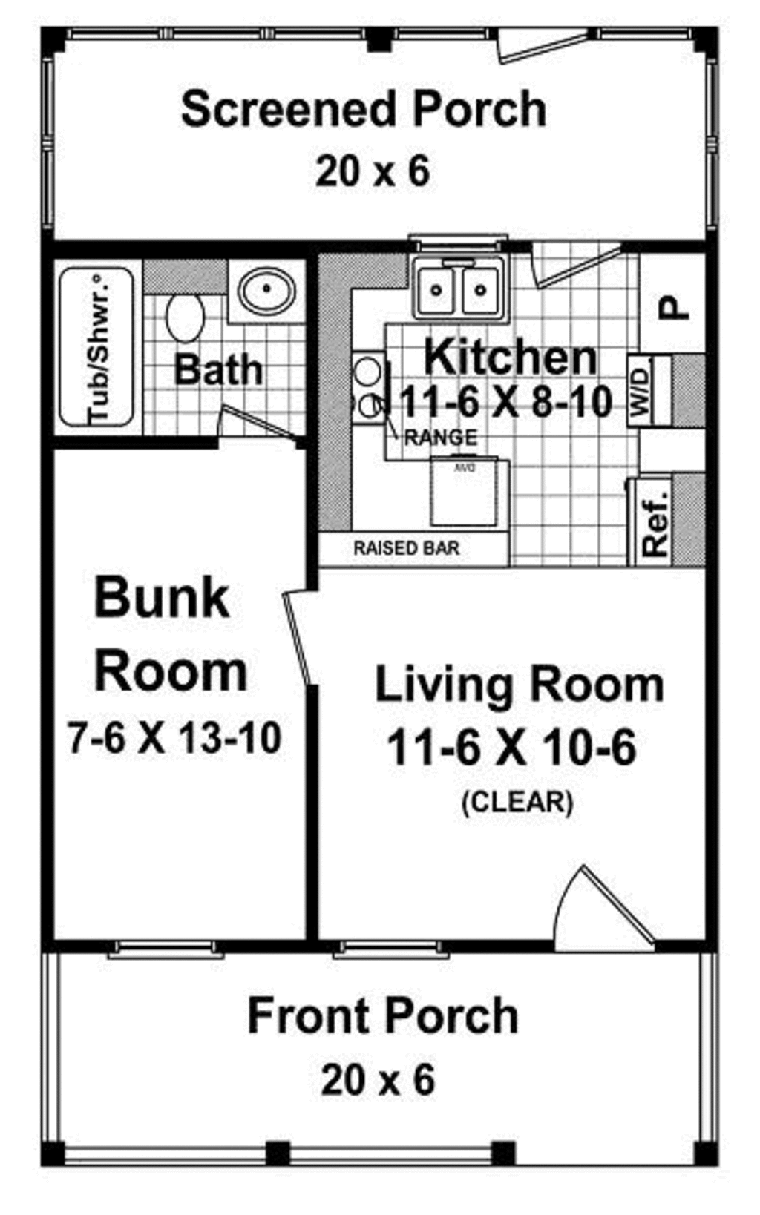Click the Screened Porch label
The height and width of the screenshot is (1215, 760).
tap(364, 109)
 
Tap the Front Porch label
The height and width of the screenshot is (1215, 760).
tap(382, 1015)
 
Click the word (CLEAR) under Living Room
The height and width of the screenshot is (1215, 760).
tap(517, 802)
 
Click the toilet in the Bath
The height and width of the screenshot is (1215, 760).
tap(185, 317)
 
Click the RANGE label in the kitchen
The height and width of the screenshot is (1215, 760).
tap(440, 438)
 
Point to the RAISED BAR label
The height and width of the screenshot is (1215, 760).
tap(406, 549)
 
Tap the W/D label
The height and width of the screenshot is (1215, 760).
tap(641, 392)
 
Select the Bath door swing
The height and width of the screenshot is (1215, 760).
tap(260, 423)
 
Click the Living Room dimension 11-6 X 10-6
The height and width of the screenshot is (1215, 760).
tap(512, 747)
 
